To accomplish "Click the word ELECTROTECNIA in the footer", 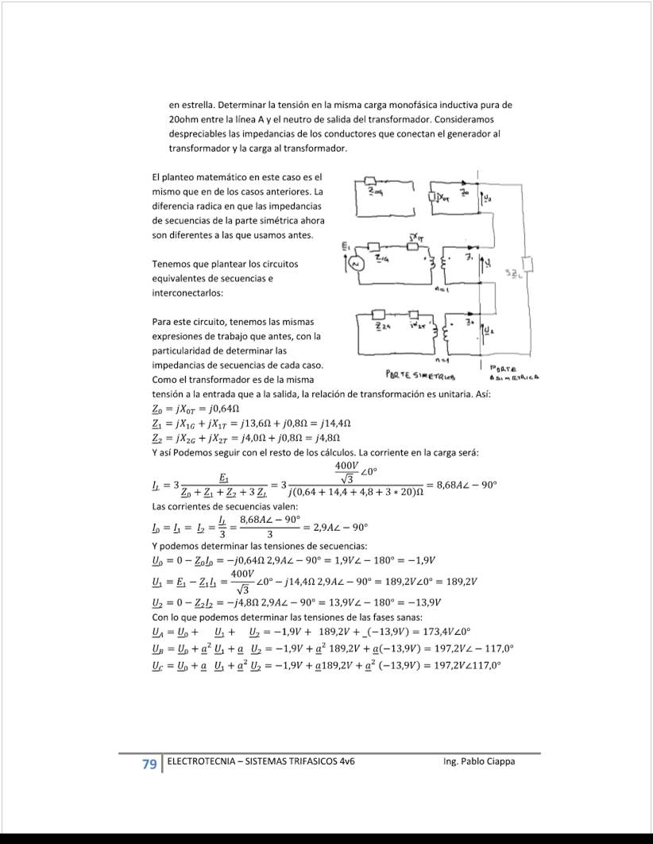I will (x=199, y=761).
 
